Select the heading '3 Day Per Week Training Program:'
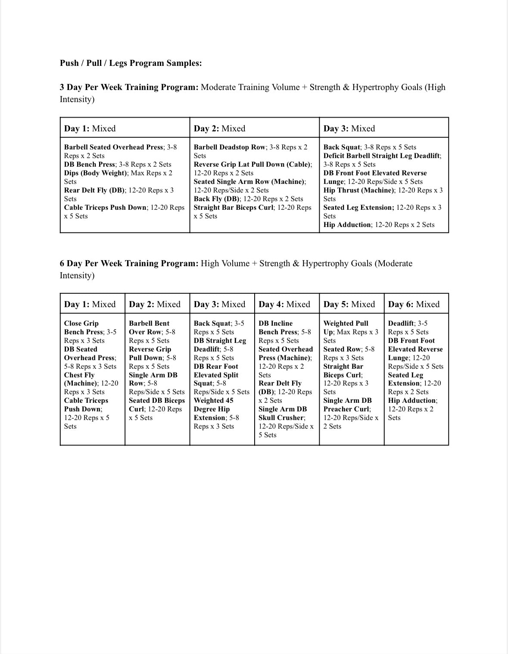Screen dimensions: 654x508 (129, 87)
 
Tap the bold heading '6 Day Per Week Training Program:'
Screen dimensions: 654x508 (129, 263)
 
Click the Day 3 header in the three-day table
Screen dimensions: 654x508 (349, 128)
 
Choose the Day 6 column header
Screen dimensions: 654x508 (414, 304)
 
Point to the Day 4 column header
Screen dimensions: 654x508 (284, 304)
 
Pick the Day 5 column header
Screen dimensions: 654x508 (349, 304)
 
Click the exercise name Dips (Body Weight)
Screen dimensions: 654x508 (96, 173)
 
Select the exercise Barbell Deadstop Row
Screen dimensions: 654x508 (230, 147)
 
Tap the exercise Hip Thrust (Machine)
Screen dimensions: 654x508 (358, 190)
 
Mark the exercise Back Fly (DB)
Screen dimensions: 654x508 (217, 199)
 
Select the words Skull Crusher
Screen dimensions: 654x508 (281, 417)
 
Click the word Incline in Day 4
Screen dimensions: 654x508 (281, 323)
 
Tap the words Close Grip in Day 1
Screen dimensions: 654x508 (81, 323)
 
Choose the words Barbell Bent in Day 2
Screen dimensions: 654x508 (149, 323)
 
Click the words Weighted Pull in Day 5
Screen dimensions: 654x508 (346, 323)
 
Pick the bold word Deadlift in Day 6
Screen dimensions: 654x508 (401, 323)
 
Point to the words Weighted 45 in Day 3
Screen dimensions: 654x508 (213, 400)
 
